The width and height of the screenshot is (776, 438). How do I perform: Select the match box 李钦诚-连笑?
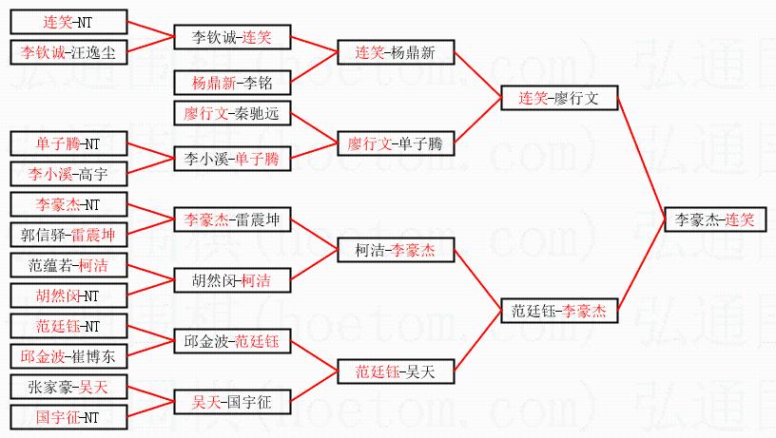(232, 37)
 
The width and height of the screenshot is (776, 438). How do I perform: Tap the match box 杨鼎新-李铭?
(232, 83)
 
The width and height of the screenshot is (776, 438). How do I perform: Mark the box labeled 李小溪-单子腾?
(232, 159)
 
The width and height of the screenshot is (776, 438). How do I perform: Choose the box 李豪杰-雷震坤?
(232, 219)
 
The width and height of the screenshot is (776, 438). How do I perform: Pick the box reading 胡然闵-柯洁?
(232, 280)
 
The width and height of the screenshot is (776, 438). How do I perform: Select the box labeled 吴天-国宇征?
(232, 402)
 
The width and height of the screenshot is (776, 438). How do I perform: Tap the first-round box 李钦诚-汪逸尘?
(68, 52)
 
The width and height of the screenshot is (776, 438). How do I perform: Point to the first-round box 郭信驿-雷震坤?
(68, 235)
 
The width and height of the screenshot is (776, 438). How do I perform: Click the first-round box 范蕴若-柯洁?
(68, 265)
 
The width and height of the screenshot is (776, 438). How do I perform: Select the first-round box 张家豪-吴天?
(68, 387)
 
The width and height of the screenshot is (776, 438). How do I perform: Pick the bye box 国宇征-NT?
(68, 417)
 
